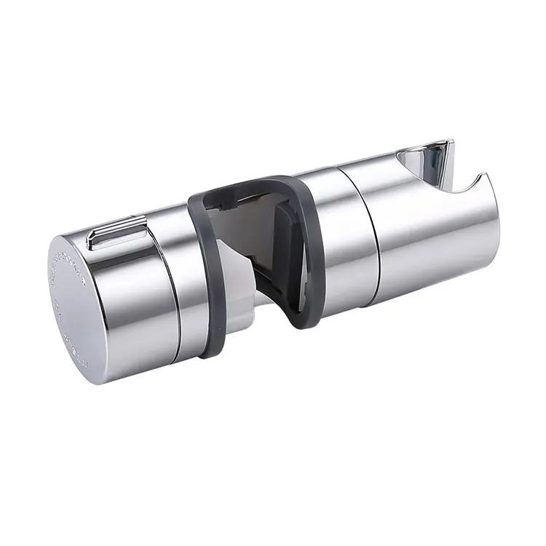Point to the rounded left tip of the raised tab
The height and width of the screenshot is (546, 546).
tap(91, 237)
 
